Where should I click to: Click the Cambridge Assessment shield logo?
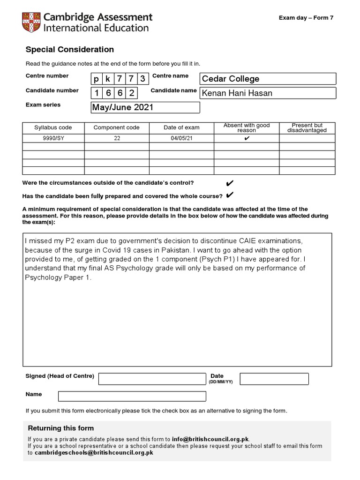[x=31, y=22]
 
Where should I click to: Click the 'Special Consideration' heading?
[x=69, y=50]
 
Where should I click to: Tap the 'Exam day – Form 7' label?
[x=306, y=18]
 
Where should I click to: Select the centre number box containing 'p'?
[x=97, y=79]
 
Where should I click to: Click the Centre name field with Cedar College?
[x=268, y=79]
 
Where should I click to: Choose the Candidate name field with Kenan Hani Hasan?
[x=268, y=93]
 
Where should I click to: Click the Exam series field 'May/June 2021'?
[x=145, y=107]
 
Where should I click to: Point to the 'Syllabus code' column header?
[x=53, y=127]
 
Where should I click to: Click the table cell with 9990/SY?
[x=53, y=138]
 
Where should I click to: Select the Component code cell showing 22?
[x=117, y=138]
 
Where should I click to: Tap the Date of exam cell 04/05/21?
[x=181, y=138]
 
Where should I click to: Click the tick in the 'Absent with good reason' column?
[x=247, y=138]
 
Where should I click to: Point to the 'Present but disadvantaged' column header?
[x=307, y=127]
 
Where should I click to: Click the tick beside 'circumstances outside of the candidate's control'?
[x=230, y=183]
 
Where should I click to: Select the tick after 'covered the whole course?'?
[x=230, y=195]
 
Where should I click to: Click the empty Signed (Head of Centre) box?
[x=152, y=379]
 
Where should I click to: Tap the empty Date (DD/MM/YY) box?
[x=274, y=379]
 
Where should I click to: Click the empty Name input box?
[x=132, y=396]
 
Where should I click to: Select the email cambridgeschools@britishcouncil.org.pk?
[x=94, y=453]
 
